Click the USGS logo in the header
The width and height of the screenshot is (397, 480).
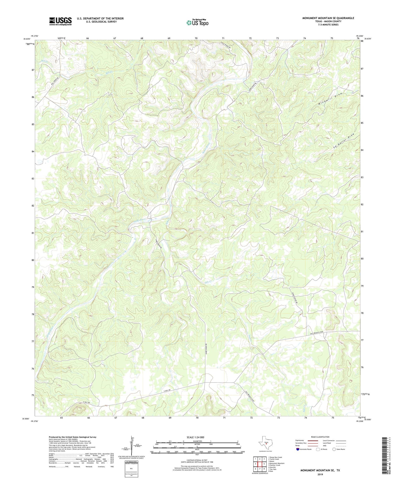(60, 21)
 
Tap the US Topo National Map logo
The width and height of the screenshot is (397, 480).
(197, 23)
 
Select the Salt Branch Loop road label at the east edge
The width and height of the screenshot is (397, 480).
(321, 333)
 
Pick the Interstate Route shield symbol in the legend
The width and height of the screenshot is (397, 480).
(298, 449)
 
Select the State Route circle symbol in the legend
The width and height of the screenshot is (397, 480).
(334, 449)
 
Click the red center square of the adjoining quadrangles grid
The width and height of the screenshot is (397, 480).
(260, 464)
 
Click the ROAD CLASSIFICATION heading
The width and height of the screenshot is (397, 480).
(320, 437)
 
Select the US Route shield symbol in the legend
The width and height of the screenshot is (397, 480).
(318, 449)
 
